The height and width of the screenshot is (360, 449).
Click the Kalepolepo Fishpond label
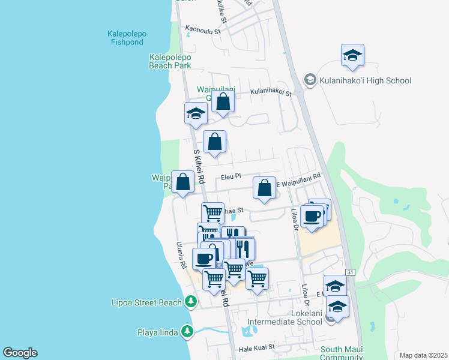pos(125,38)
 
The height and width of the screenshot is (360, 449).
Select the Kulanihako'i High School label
pos(365,80)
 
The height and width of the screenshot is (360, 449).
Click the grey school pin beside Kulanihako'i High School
pos(310,80)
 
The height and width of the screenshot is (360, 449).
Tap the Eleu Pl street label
pos(231,177)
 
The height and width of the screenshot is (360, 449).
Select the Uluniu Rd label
pos(179,256)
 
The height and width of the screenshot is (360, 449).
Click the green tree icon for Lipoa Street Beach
pos(191,301)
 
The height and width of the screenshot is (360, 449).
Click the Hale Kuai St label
pos(256,347)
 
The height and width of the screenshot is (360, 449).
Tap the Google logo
pos(20,353)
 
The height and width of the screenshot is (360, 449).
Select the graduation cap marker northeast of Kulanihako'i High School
pos(353,56)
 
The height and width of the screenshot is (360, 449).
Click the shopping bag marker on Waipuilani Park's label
pos(182,182)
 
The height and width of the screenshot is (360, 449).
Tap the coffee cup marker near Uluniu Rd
pos(204,259)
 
